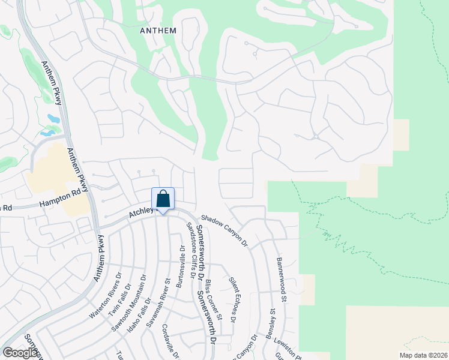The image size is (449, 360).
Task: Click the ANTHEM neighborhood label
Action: [x=158, y=31]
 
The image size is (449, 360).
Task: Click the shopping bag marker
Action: [x=163, y=199]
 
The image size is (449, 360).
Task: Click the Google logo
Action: [x=20, y=352]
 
